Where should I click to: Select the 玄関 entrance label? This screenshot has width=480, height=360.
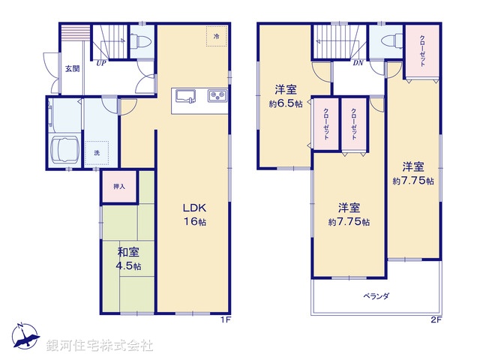pos(72,68)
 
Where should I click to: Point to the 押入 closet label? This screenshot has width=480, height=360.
pos(119,187)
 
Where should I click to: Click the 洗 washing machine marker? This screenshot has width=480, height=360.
pos(96,153)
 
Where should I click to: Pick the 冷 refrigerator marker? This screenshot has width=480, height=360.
pos(216,36)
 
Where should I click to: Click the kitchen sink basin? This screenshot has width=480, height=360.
pos(184,96)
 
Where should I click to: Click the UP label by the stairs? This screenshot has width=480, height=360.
pos(99,63)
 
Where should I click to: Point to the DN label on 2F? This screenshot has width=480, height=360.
pos(358,63)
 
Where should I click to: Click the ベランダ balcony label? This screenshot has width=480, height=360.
pos(376,296)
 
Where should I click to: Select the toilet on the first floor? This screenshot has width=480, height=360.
pos(140,41)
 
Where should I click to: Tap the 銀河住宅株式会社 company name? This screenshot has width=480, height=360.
pos(100,345)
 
